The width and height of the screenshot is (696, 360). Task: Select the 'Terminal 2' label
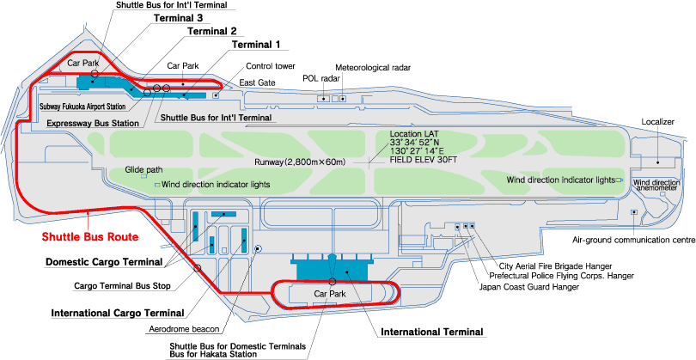(x=211, y=31)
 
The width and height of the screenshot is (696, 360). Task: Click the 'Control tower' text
(x=271, y=65)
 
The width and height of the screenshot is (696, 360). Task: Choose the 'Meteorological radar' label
(x=374, y=67)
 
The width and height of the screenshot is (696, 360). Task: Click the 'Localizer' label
(x=658, y=122)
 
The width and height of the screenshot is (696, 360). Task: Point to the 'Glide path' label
(x=144, y=170)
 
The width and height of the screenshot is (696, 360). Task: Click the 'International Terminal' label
(x=432, y=331)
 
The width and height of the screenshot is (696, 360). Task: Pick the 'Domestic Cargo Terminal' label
(x=103, y=261)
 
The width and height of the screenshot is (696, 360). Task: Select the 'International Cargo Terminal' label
(x=118, y=312)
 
